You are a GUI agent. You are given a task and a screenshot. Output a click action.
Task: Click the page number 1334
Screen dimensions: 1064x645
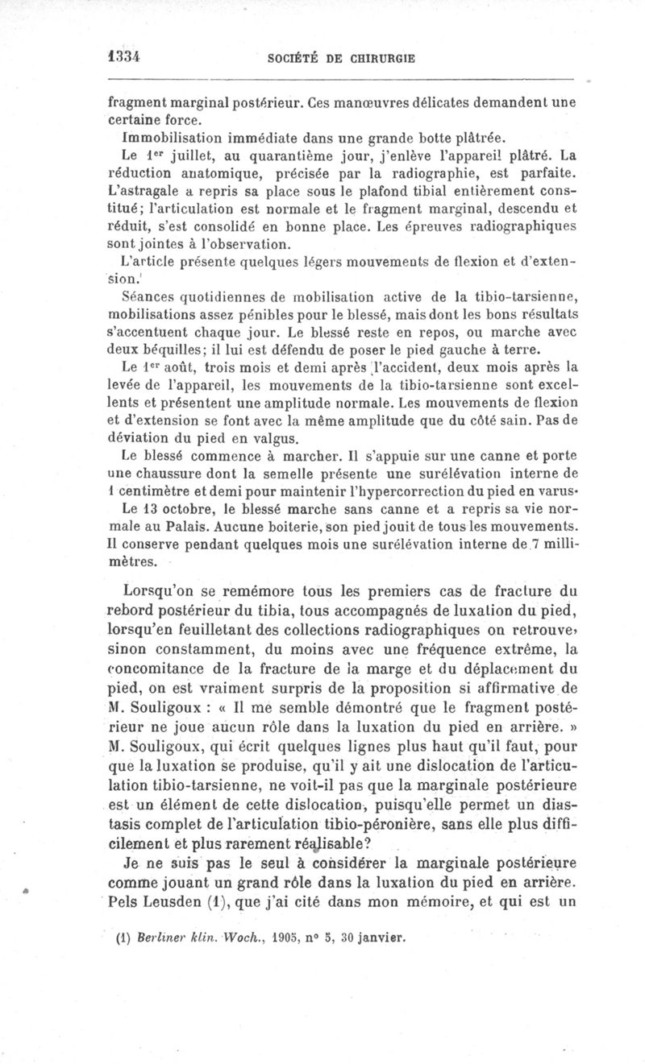125,57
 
